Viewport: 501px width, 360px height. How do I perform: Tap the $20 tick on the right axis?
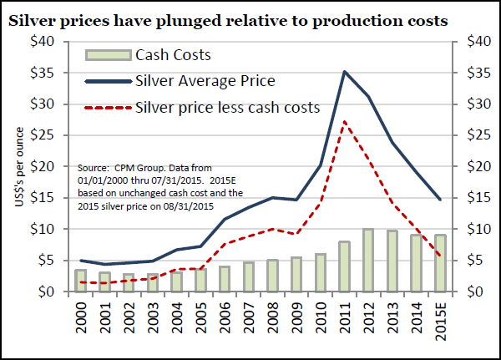coord(473,166)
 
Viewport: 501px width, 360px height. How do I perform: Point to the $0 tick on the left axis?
coord(47,292)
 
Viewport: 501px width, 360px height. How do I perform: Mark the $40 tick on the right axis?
coord(473,41)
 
